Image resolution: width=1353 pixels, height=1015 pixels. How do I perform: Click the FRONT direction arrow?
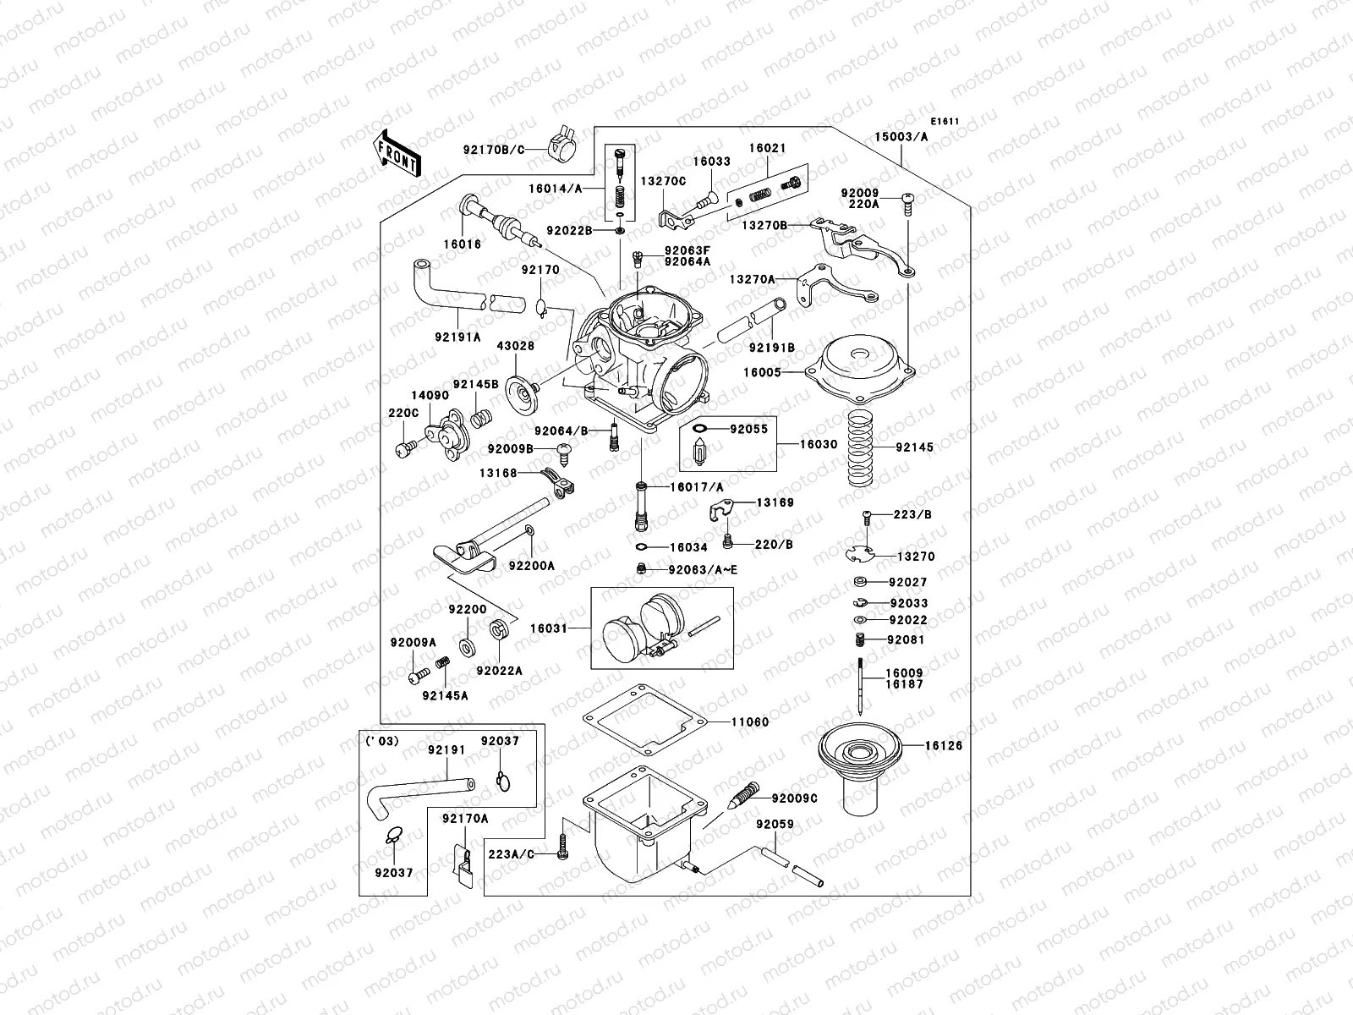396,152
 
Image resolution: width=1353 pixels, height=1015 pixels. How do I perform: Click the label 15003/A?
901,136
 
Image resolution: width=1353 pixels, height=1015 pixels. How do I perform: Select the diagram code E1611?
946,121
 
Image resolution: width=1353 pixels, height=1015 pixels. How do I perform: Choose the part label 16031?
549,628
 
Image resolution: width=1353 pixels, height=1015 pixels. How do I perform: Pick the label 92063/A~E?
702,570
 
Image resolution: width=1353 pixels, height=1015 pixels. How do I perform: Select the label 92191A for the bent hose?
458,337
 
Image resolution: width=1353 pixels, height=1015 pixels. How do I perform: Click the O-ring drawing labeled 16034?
643,547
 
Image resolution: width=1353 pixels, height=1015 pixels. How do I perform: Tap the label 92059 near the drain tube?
775,823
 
